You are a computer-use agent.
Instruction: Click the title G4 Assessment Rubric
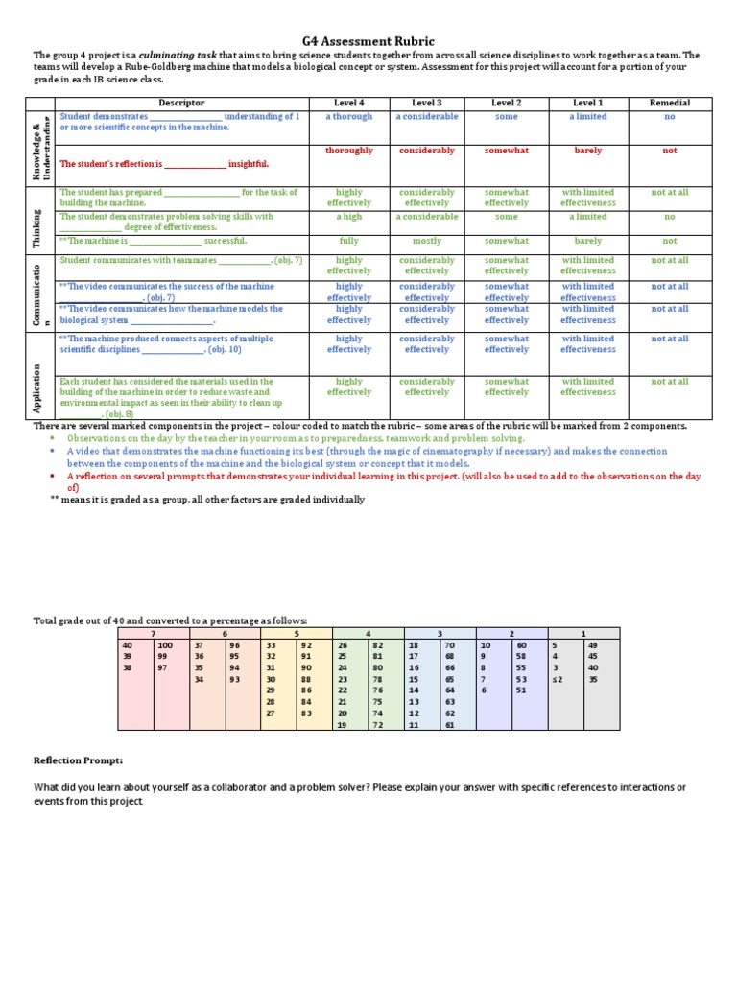(x=368, y=41)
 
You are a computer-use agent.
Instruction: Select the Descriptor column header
(x=181, y=103)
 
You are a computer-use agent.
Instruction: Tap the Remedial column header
(x=669, y=103)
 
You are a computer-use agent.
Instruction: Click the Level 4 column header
(x=348, y=103)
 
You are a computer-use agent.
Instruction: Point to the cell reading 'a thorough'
(x=348, y=117)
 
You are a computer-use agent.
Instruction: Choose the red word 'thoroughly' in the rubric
(x=348, y=151)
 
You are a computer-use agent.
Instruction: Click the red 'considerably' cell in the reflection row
(x=427, y=151)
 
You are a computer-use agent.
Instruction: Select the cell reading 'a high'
(x=348, y=217)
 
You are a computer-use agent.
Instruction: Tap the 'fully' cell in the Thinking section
(x=348, y=241)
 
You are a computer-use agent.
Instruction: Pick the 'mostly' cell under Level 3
(x=427, y=241)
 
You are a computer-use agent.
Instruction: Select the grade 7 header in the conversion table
(x=153, y=634)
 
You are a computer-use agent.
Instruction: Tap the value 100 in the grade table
(x=165, y=646)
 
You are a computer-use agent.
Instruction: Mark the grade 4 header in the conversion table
(x=368, y=634)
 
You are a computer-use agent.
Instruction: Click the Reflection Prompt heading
(x=78, y=760)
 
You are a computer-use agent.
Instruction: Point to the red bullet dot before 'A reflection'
(x=53, y=476)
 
